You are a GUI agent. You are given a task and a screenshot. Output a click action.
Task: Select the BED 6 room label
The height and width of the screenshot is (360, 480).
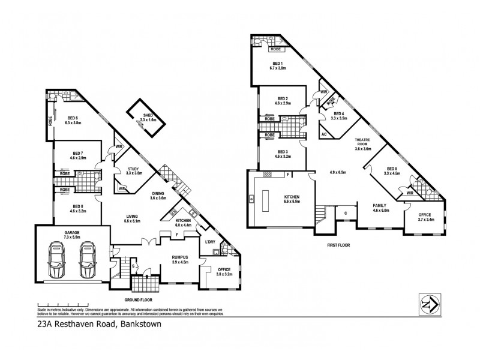pos(73,119)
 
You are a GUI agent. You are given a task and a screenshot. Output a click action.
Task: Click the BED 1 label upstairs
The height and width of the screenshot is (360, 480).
pos(278,65)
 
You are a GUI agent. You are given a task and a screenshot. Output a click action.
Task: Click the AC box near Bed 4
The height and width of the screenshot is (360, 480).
pos(324,134)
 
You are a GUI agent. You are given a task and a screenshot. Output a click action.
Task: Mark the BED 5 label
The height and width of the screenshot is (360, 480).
pos(393,169)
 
